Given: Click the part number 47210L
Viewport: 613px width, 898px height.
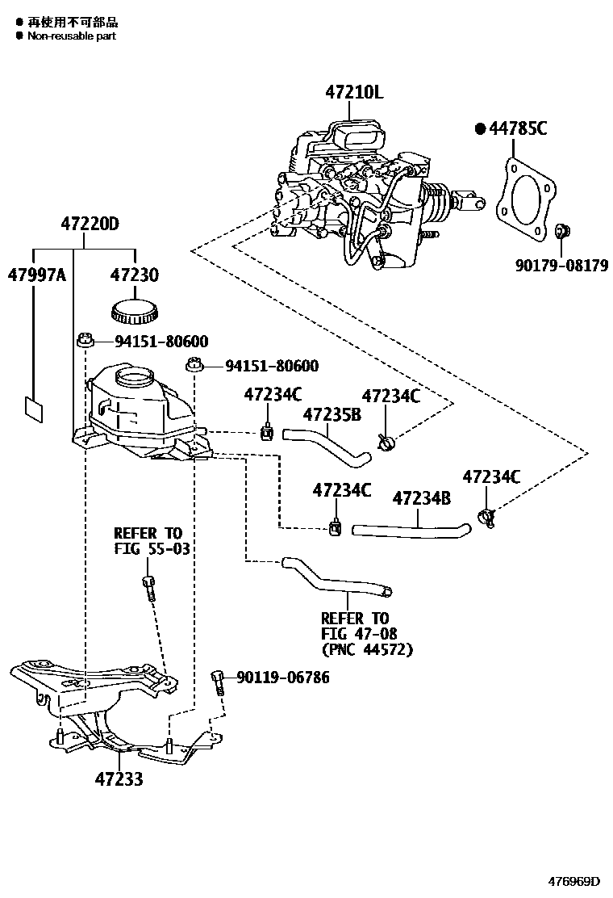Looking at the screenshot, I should click(354, 93).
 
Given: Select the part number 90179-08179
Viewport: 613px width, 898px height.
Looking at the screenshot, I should click(563, 265).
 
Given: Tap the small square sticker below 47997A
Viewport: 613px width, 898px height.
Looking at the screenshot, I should click(33, 409).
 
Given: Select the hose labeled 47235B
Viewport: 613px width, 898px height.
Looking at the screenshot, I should click(327, 444).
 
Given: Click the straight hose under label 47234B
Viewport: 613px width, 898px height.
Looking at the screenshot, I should click(411, 530).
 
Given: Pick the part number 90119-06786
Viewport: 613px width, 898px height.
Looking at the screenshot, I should click(282, 678).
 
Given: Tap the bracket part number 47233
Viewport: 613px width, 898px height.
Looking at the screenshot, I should click(119, 779).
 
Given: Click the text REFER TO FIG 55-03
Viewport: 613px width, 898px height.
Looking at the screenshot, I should click(148, 542).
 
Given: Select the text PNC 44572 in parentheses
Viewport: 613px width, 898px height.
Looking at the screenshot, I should click(367, 649).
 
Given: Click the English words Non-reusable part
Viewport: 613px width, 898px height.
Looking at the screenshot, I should click(72, 36).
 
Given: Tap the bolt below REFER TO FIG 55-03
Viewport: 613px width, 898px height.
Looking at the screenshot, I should click(148, 587).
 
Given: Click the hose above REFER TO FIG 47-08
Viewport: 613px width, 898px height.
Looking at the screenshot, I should click(335, 578).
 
